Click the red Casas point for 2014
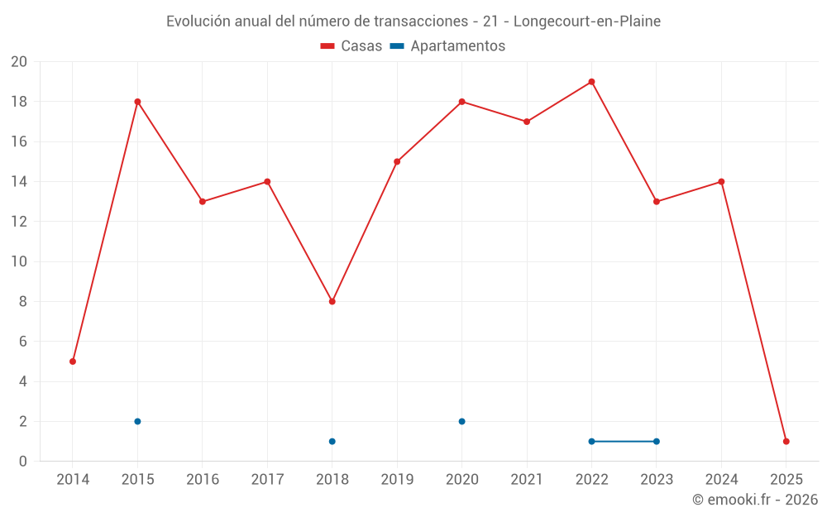[x=73, y=361]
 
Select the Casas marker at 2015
[x=137, y=102]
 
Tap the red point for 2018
[x=332, y=301]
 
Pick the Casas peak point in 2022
[x=591, y=82]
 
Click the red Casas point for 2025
[x=786, y=441]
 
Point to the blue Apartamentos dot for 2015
[x=137, y=421]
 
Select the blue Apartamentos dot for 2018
[x=332, y=441]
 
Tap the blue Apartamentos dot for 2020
[x=461, y=421]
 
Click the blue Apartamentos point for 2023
[x=656, y=441]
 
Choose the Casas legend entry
[x=351, y=46]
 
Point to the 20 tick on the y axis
[x=19, y=62]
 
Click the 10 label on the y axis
[x=19, y=261]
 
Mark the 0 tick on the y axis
[x=23, y=462]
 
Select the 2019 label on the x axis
[x=397, y=480]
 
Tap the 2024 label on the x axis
[x=721, y=480]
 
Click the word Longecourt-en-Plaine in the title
[x=587, y=22]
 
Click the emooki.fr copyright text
[x=755, y=500]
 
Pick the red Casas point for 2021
[x=527, y=122]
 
